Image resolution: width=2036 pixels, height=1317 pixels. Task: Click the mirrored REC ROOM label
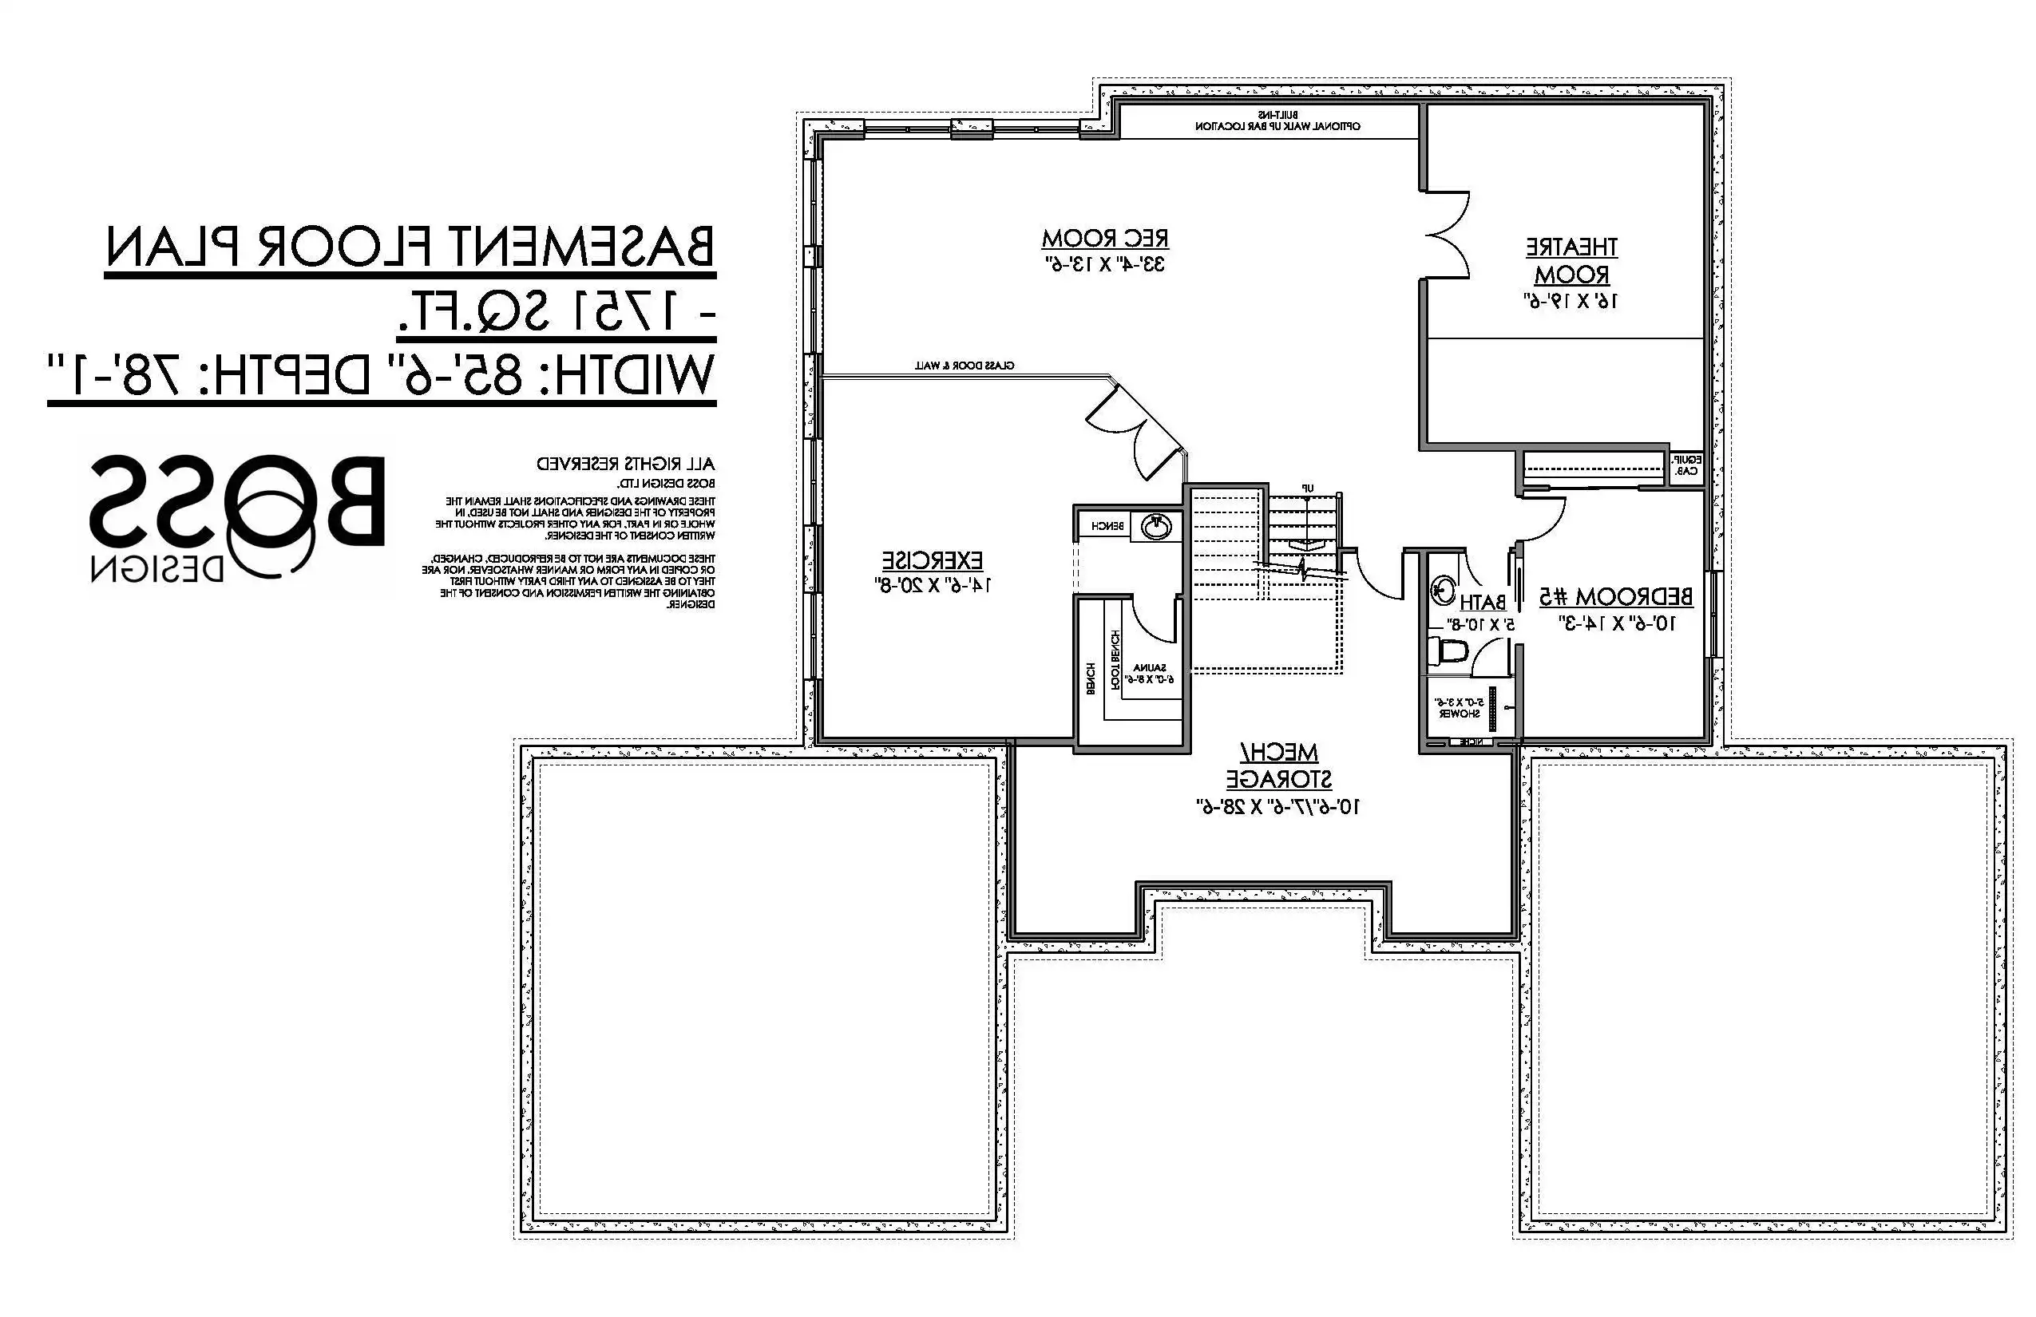point(1104,238)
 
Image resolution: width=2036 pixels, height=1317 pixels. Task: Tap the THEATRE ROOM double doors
point(1448,235)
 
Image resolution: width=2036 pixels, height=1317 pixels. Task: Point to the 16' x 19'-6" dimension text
point(1571,301)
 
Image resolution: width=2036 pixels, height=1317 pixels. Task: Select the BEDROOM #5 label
point(1615,596)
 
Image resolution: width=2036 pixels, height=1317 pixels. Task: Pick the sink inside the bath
point(1444,589)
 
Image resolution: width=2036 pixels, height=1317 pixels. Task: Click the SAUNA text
point(1149,667)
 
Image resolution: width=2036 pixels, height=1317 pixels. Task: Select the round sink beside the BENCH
point(1157,527)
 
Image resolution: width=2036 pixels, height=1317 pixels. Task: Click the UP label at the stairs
point(1307,488)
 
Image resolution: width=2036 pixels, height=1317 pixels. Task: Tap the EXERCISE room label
point(933,561)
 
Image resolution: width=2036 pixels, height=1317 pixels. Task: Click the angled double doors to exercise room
point(1134,432)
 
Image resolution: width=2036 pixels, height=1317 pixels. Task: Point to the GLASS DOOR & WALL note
point(965,366)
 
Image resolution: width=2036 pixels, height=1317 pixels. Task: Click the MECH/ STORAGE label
point(1279,765)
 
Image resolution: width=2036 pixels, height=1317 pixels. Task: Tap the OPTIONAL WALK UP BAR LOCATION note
point(1277,126)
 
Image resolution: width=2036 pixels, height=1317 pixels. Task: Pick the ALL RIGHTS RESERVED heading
point(625,465)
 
